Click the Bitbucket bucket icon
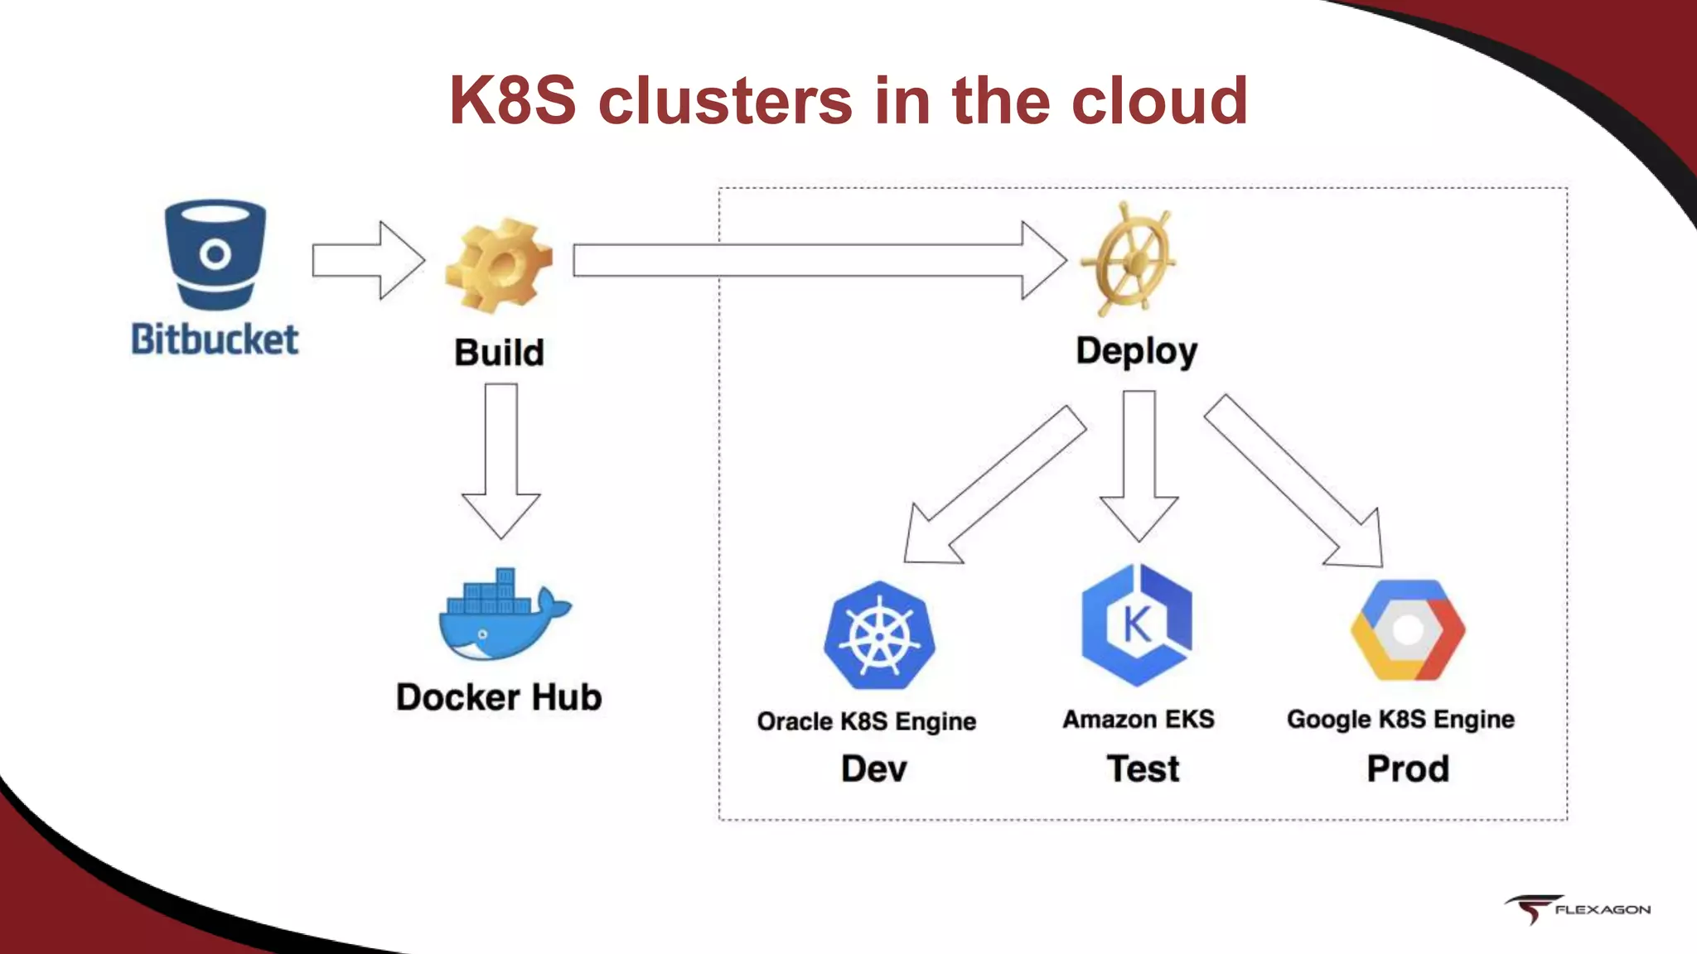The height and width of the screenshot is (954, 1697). pos(215,253)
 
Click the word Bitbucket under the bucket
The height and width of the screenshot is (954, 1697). pos(215,340)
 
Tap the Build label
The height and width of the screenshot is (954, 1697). pos(499,352)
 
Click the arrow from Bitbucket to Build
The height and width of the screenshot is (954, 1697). pos(368,260)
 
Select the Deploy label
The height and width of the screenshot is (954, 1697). pos(1136,351)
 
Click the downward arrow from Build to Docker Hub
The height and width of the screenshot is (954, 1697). pos(501,460)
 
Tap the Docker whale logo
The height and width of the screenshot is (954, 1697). pos(502,616)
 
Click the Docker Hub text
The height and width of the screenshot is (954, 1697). pos(499,697)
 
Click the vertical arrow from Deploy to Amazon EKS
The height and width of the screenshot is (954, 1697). pos(1139,464)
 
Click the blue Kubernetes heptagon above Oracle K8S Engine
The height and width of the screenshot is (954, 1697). pos(879,636)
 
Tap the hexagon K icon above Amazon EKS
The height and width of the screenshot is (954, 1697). pos(1137,625)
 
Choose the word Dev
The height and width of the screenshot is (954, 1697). pos(873,769)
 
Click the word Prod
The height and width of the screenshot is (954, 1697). pos(1408,769)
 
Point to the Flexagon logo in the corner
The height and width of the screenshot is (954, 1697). pos(1578,908)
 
